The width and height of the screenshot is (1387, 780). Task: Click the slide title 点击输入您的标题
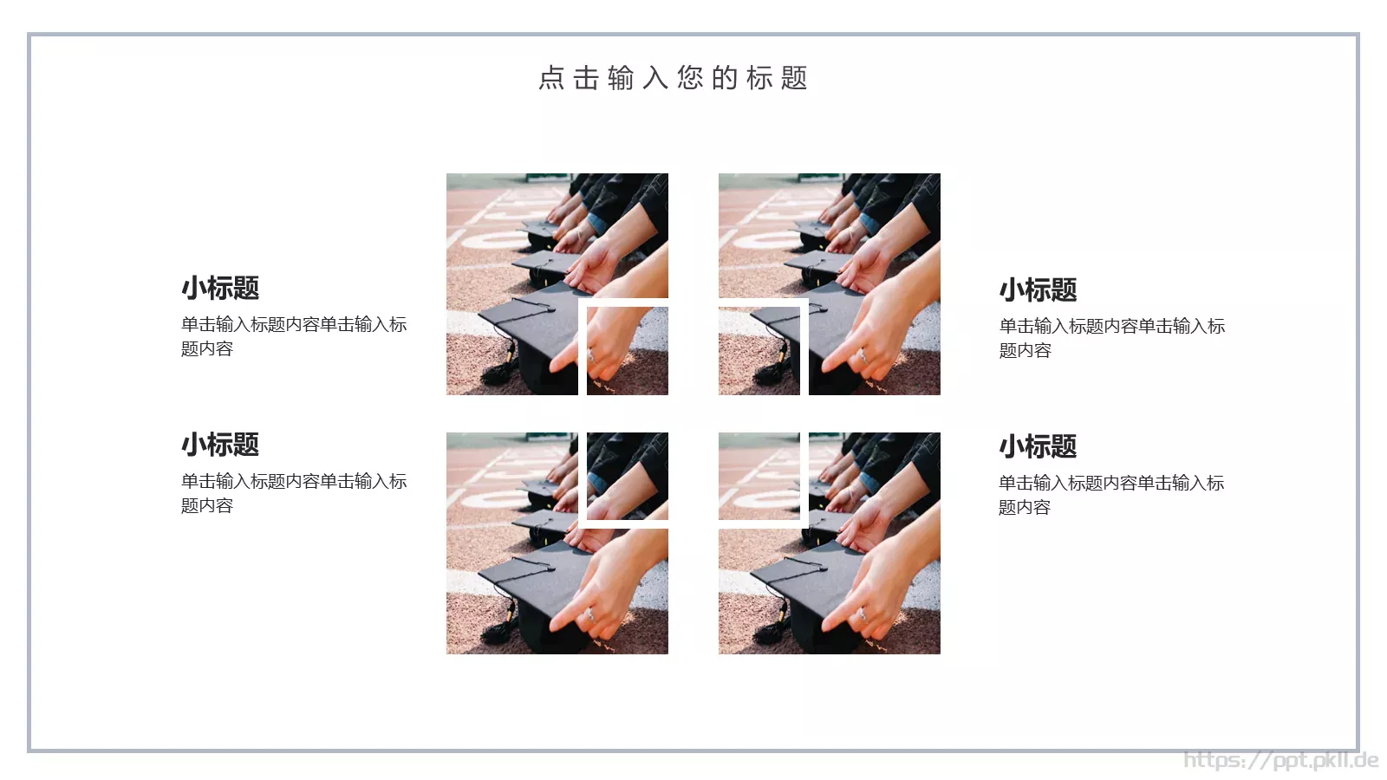coord(673,78)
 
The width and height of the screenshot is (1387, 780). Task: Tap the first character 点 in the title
coord(551,78)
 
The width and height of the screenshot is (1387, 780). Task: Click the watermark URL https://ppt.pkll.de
coord(1280,760)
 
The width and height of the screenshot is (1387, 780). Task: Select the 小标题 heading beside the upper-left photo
coord(220,288)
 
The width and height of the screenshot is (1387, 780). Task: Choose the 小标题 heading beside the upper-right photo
coord(1038,289)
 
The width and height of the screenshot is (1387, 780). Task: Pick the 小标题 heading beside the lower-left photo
coord(220,445)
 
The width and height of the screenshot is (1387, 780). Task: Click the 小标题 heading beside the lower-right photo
coord(1038,446)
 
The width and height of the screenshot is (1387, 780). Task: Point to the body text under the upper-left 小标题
coord(293,336)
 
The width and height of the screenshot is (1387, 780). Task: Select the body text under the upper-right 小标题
coord(1111,338)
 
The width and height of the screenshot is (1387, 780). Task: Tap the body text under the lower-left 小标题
coord(293,493)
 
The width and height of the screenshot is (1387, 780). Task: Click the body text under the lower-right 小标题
coord(1110,495)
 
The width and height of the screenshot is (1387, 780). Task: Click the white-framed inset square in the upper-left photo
coord(627,349)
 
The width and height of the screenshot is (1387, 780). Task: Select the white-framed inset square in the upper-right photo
coord(760,349)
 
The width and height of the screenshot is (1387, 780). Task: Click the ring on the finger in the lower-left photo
coord(589,614)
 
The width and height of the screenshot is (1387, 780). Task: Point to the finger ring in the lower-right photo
coord(862,614)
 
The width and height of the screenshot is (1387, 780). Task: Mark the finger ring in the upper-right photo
coord(862,355)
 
